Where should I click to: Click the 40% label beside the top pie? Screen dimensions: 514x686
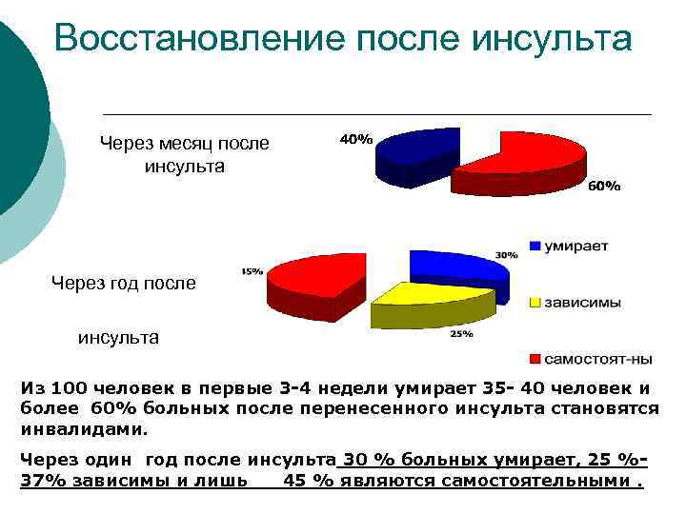click(x=356, y=139)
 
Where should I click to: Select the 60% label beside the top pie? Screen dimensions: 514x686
click(x=603, y=187)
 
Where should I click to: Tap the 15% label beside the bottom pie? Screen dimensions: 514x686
click(x=252, y=271)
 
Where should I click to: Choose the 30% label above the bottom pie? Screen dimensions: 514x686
click(x=506, y=254)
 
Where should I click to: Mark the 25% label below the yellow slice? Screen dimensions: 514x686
click(x=461, y=334)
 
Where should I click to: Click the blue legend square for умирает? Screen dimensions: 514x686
click(x=535, y=246)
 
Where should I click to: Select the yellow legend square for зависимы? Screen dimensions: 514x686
click(x=535, y=303)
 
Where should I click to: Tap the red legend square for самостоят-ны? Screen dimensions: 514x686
click(x=535, y=359)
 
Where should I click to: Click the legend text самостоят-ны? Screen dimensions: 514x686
click(x=598, y=359)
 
